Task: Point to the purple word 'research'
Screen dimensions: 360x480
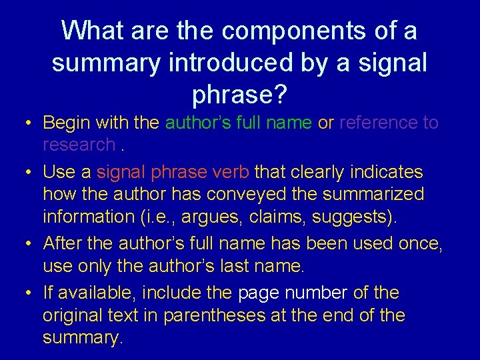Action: click(x=79, y=145)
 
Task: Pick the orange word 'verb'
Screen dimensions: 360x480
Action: click(x=230, y=172)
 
